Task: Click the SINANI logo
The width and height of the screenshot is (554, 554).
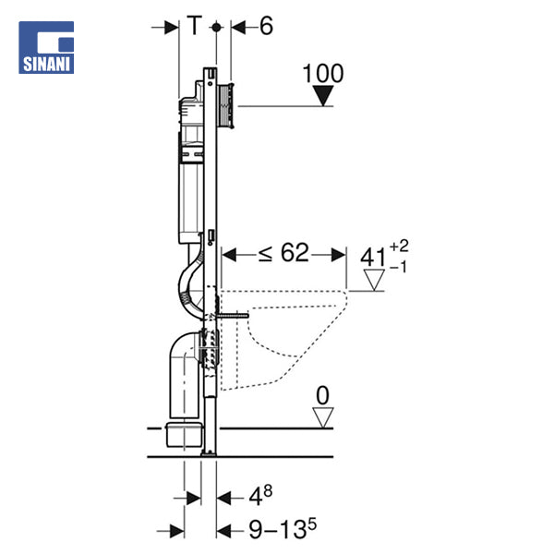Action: click(46, 47)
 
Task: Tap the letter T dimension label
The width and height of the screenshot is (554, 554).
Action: click(194, 26)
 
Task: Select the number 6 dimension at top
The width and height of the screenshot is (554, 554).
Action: click(267, 26)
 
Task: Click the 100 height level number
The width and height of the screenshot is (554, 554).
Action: click(323, 74)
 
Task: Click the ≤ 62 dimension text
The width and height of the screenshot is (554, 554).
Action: click(283, 253)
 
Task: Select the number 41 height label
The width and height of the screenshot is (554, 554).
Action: click(373, 258)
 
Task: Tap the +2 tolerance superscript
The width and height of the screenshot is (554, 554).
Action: click(399, 246)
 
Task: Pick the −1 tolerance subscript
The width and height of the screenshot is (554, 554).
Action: click(399, 267)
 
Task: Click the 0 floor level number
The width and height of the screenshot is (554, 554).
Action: click(322, 395)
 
